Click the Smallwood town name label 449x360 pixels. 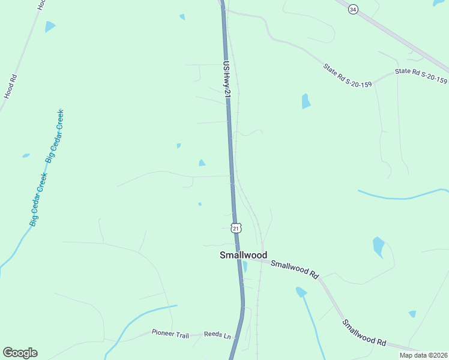click(x=243, y=255)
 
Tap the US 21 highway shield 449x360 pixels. click(x=236, y=228)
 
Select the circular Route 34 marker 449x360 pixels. click(x=353, y=9)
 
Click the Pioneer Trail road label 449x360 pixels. click(x=170, y=332)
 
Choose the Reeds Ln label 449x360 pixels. click(x=217, y=335)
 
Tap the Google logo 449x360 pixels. click(x=20, y=353)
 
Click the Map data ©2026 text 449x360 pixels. click(x=423, y=355)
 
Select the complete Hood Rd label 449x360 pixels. click(x=10, y=86)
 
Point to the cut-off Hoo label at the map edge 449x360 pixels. click(x=41, y=4)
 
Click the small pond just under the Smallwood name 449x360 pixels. click(x=244, y=266)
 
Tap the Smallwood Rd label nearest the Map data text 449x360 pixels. click(x=364, y=332)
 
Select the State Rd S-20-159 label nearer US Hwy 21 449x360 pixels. click(x=348, y=75)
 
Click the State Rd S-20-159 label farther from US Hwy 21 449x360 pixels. click(x=421, y=76)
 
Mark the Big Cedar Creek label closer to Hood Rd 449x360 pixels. click(x=55, y=136)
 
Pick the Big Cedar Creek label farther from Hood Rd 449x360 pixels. click(x=38, y=199)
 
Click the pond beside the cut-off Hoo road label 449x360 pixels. click(x=50, y=26)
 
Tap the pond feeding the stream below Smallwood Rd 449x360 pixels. click(x=301, y=292)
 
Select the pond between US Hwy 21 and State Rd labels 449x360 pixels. click(x=306, y=101)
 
